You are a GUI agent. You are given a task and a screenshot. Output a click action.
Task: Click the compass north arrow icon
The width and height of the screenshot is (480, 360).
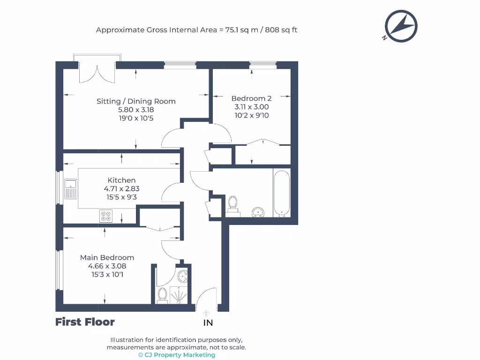(401, 26)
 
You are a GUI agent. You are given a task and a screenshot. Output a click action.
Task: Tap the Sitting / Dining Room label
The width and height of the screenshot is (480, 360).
(136, 101)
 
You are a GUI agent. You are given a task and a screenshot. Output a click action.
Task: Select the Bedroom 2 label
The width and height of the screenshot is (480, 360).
(251, 98)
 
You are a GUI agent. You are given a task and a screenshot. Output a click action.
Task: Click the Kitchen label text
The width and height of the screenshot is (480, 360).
(121, 180)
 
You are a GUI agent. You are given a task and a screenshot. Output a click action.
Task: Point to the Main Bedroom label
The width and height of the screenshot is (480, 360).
(107, 257)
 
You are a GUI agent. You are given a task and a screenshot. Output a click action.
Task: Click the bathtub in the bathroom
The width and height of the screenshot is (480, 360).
(281, 194)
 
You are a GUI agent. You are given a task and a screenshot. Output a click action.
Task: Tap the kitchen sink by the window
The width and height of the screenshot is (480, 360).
(71, 188)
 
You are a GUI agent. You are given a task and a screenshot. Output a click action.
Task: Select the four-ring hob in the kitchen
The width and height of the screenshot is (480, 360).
(106, 216)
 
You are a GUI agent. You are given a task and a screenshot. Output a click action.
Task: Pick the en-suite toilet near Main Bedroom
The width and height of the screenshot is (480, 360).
(162, 295)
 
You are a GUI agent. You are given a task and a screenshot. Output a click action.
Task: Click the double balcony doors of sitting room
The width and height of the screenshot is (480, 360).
(97, 73)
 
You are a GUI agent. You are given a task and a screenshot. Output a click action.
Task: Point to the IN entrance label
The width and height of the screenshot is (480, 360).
(208, 322)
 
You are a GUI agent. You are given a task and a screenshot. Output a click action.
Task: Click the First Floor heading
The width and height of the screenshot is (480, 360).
(85, 322)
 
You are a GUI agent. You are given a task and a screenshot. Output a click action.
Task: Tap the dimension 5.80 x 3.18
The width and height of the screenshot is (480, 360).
(136, 110)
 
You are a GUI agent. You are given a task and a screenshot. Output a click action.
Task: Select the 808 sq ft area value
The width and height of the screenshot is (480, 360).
(281, 30)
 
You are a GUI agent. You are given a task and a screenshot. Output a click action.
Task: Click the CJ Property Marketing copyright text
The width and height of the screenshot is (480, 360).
(177, 355)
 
